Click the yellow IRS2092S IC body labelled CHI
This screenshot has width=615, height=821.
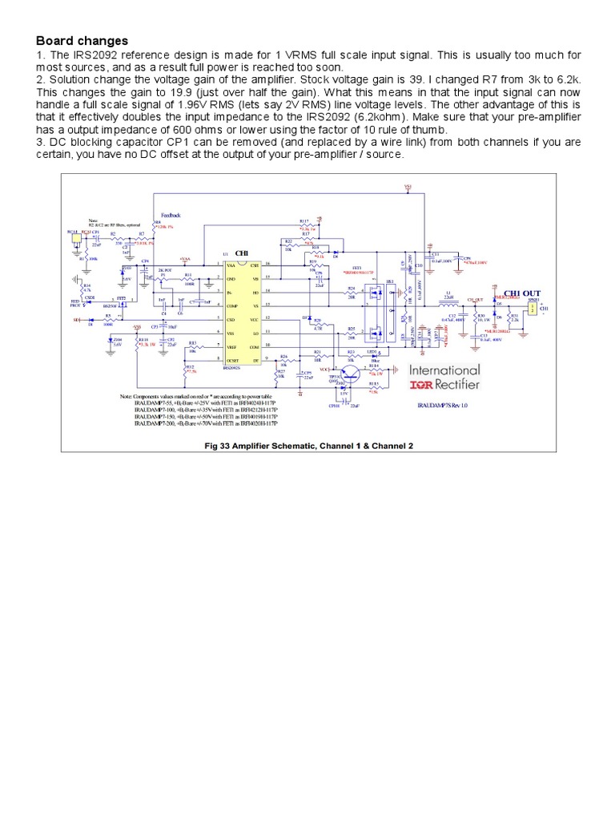pyautogui.click(x=242, y=313)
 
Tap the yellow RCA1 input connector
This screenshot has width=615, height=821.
pyautogui.click(x=74, y=237)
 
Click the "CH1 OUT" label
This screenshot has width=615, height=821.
pyautogui.click(x=522, y=293)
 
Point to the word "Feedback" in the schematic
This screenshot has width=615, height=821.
pyautogui.click(x=171, y=216)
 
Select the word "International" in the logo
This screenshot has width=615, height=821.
pyautogui.click(x=444, y=370)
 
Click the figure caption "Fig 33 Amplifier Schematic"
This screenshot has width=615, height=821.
pyautogui.click(x=307, y=445)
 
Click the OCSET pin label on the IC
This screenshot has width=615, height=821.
pyautogui.click(x=235, y=361)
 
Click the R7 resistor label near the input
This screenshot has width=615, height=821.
pyautogui.click(x=141, y=233)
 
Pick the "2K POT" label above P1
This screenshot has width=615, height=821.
pyautogui.click(x=166, y=270)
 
